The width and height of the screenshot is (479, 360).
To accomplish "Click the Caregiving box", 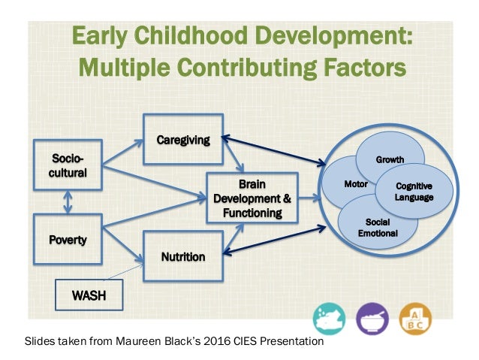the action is (183, 140).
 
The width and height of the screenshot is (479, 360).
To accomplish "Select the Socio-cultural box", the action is (69, 166).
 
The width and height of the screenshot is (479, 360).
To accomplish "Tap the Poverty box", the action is (69, 241).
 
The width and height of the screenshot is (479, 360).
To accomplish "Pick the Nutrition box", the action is (183, 257).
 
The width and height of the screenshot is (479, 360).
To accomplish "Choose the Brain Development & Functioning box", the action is (252, 198).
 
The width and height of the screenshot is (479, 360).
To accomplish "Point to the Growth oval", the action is (390, 159).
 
